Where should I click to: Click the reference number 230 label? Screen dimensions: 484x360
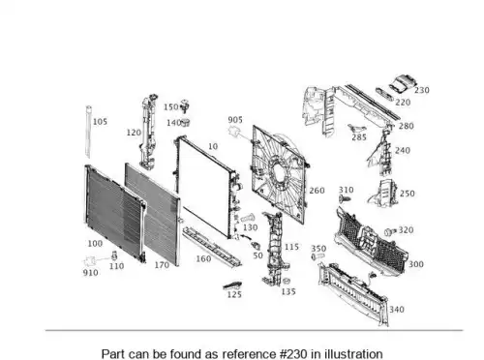[422, 90]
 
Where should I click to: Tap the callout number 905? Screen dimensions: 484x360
[235, 120]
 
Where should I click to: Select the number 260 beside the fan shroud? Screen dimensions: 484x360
[317, 191]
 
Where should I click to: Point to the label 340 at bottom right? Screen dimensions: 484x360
[397, 310]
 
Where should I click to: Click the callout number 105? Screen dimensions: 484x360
[100, 122]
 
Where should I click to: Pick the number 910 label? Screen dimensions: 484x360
[90, 273]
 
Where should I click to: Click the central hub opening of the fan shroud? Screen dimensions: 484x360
[278, 170]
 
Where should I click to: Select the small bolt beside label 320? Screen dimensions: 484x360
[391, 232]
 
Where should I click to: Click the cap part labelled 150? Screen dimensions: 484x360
[185, 106]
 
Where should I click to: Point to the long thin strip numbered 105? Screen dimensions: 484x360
[88, 132]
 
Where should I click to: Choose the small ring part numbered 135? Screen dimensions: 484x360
[286, 282]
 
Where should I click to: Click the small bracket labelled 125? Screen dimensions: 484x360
[232, 285]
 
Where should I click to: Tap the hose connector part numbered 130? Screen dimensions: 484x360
[248, 218]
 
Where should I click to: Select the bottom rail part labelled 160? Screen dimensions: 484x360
[211, 247]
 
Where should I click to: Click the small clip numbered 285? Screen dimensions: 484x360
[356, 128]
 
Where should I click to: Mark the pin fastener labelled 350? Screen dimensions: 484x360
[318, 256]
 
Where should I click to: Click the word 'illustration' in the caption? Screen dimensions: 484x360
[353, 354]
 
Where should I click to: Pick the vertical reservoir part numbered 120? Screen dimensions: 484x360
[148, 132]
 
